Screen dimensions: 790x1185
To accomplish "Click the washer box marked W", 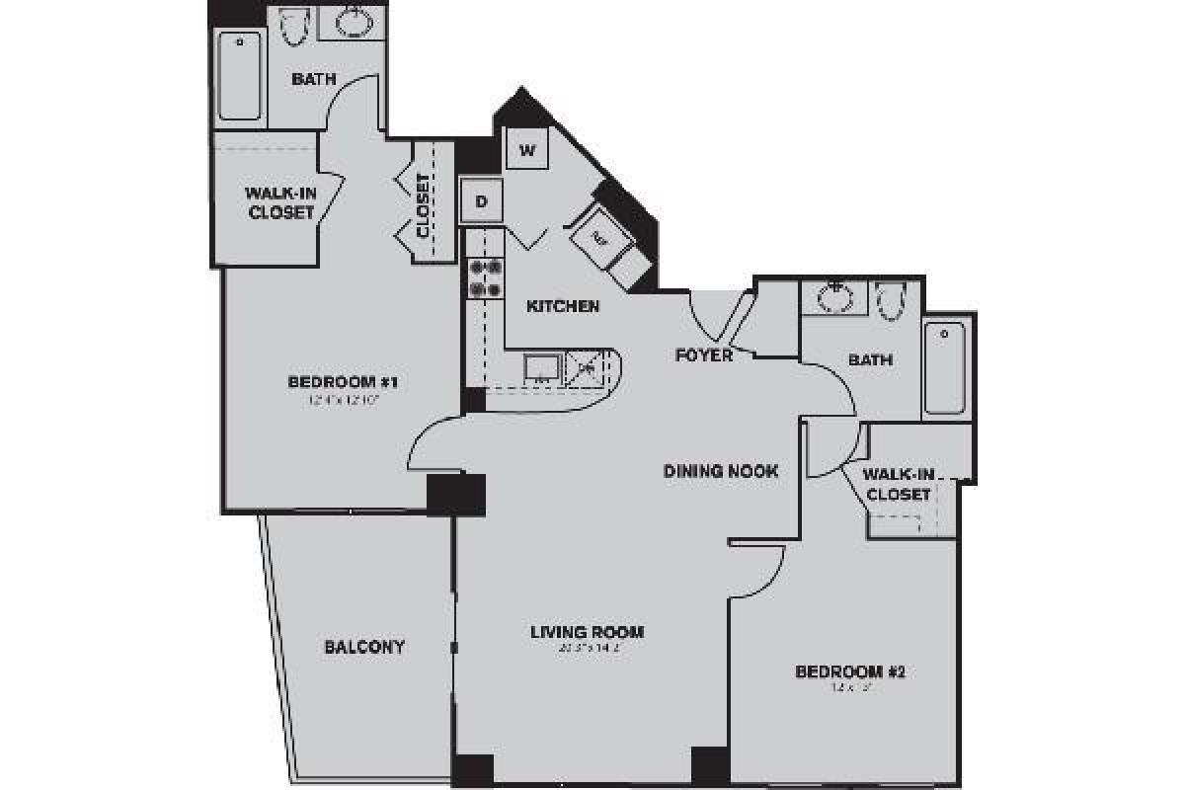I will [527, 151].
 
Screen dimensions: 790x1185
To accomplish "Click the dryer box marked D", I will [482, 202].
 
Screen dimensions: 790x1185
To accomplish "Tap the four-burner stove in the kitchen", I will [485, 277].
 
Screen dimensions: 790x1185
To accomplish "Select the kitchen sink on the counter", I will [542, 367].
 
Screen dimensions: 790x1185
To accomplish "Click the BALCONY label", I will [364, 647].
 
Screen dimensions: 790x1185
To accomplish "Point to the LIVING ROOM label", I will [587, 632].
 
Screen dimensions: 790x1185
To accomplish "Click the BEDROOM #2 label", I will [850, 672].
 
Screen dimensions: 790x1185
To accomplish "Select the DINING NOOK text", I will [720, 471].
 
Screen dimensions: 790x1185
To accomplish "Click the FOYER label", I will [704, 355].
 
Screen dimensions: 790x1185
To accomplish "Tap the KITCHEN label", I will [563, 306].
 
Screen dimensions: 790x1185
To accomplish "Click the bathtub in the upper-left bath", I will [240, 77].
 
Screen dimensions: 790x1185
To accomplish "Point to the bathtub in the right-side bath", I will [946, 367].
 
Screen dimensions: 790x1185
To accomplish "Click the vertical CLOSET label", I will [424, 206].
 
